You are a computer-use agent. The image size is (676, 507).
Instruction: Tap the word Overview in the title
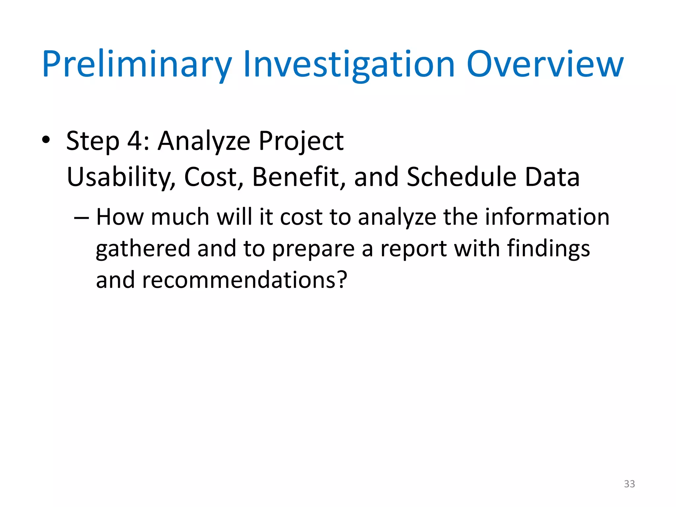[x=545, y=64]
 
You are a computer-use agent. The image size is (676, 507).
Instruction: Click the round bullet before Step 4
[x=46, y=140]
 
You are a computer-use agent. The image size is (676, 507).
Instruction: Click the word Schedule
[x=461, y=177]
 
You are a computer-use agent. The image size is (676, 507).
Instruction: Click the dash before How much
[x=81, y=218]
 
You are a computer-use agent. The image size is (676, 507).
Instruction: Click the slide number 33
[x=629, y=484]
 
